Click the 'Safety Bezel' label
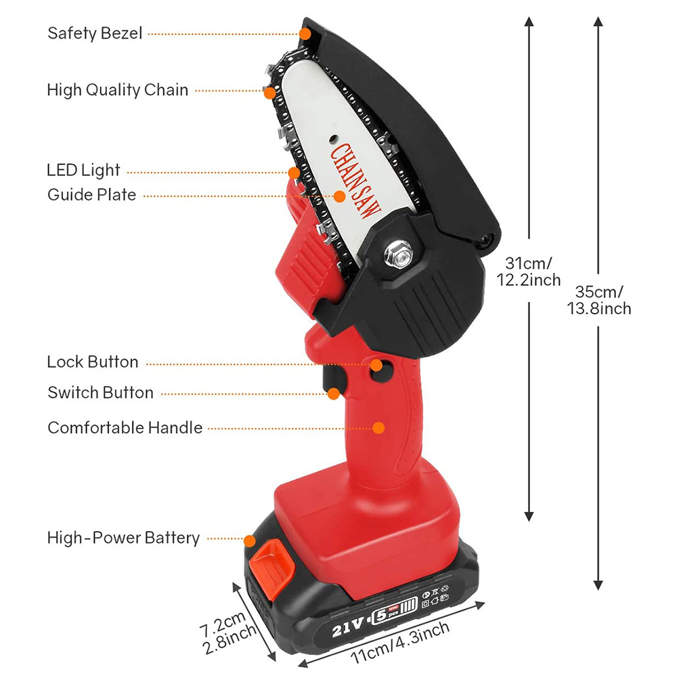click(95, 33)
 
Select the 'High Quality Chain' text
click(118, 90)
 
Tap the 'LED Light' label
click(83, 170)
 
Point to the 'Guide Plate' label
click(91, 195)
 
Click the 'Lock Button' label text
click(92, 362)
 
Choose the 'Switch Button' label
click(100, 393)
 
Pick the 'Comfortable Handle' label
click(125, 427)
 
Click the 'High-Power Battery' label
click(123, 538)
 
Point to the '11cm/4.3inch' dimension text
click(401, 643)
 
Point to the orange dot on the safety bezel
click(305, 33)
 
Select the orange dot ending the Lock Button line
click(377, 365)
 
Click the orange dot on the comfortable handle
click(379, 427)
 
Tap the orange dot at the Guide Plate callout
click(339, 196)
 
